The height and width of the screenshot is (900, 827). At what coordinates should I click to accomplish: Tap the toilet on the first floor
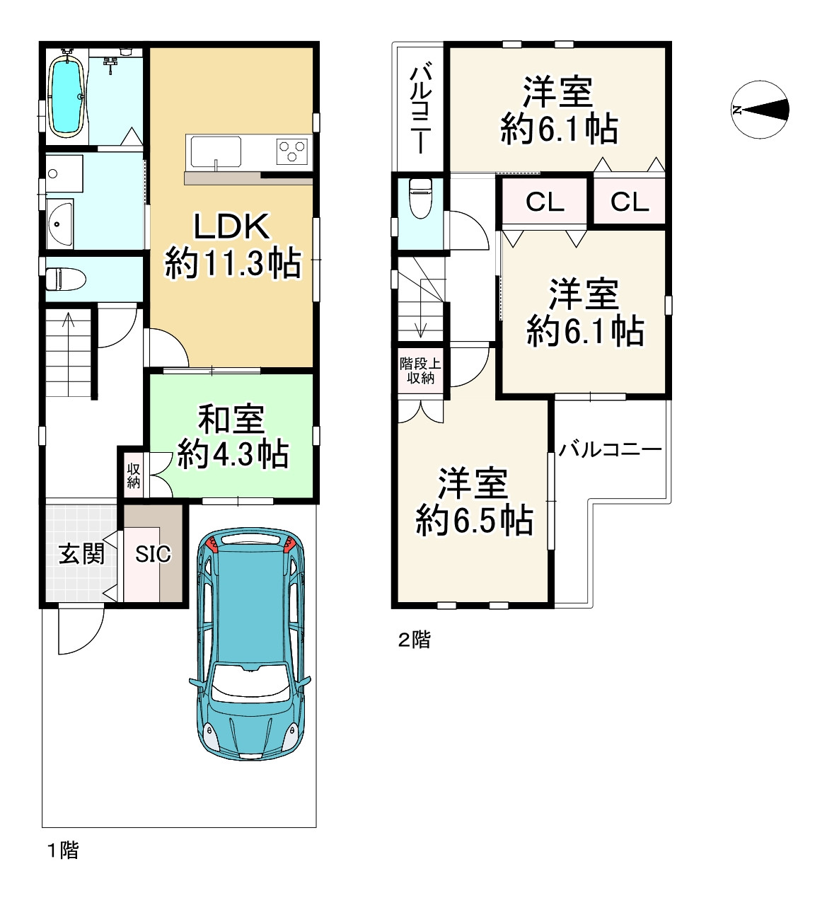66,279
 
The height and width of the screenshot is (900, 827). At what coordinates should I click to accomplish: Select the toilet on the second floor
421,198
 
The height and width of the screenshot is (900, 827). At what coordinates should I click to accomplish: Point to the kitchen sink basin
216,151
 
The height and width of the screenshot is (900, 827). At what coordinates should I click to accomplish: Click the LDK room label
231,226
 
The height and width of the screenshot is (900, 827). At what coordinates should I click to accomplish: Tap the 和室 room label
231,419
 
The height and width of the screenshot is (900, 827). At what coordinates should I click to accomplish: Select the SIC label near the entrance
153,554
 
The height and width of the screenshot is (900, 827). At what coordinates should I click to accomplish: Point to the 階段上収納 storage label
420,371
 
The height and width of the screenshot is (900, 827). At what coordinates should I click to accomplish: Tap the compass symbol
760,110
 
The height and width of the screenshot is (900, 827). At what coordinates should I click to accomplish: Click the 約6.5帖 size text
474,521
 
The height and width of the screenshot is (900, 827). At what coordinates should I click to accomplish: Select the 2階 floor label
414,639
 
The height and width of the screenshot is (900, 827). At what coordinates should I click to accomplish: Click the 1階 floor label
63,850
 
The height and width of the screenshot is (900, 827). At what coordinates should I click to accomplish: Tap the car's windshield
249,683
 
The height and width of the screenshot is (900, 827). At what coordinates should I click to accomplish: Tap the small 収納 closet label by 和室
133,476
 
